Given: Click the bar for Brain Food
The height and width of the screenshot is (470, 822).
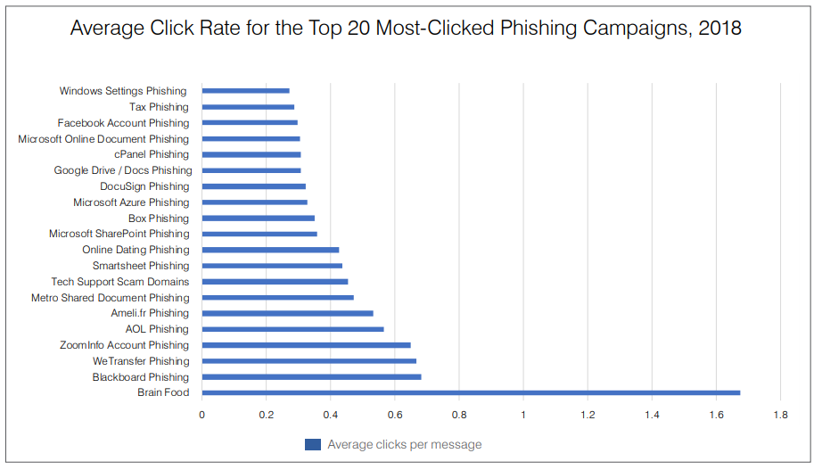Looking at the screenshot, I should pos(471,392).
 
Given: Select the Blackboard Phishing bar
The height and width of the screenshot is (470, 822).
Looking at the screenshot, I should pos(311,376).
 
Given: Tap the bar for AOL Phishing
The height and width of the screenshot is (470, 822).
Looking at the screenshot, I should pos(292,329).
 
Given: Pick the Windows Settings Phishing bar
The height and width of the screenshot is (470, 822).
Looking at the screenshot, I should pos(245,91).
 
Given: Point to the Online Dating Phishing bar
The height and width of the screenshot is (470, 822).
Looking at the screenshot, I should pos(270,250).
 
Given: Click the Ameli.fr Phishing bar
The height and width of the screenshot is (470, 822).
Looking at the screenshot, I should pos(287,313).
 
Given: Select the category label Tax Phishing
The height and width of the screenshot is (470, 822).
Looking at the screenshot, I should pos(159,107).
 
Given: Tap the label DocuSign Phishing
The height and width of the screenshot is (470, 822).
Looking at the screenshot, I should pos(144,186).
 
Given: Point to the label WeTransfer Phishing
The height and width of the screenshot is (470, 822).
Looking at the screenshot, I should pos(141,361).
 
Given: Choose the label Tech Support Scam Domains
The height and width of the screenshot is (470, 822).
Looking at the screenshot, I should pos(120,282).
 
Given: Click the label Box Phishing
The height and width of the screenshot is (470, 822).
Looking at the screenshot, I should pos(159,219).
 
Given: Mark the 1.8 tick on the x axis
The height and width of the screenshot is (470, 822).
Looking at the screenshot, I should pos(780,415).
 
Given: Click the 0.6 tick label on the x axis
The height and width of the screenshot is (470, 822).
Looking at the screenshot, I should pos(395,415).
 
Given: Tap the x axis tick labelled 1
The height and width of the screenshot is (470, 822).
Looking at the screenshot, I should pos(523,415).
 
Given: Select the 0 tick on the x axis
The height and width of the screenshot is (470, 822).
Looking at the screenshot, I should pos(202,415).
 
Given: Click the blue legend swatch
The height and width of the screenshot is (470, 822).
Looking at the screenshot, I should pos(312,444).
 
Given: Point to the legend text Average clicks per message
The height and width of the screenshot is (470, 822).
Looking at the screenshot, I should pos(404,444).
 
